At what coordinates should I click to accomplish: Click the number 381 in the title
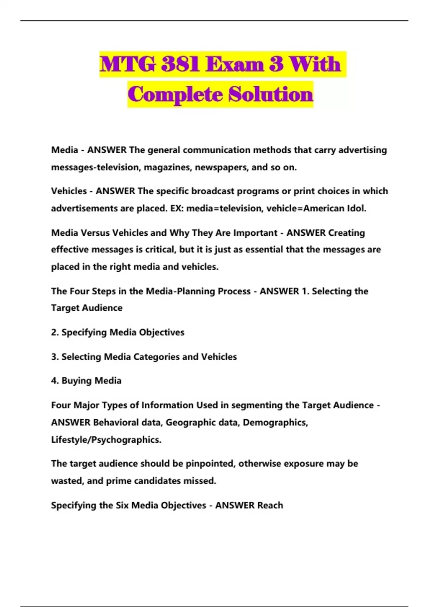[x=180, y=64]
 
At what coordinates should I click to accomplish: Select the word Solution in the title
[x=271, y=95]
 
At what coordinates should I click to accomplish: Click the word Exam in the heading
[x=235, y=64]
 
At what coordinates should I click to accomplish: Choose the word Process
[x=234, y=291]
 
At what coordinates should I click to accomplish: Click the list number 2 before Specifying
[x=54, y=332]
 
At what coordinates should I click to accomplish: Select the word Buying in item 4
[x=75, y=381]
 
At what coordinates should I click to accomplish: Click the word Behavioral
[x=116, y=422]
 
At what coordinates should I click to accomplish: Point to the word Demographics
[x=275, y=422]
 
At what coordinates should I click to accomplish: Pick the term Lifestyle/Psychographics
[x=106, y=440]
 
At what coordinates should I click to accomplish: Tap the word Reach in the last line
[x=270, y=505]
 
